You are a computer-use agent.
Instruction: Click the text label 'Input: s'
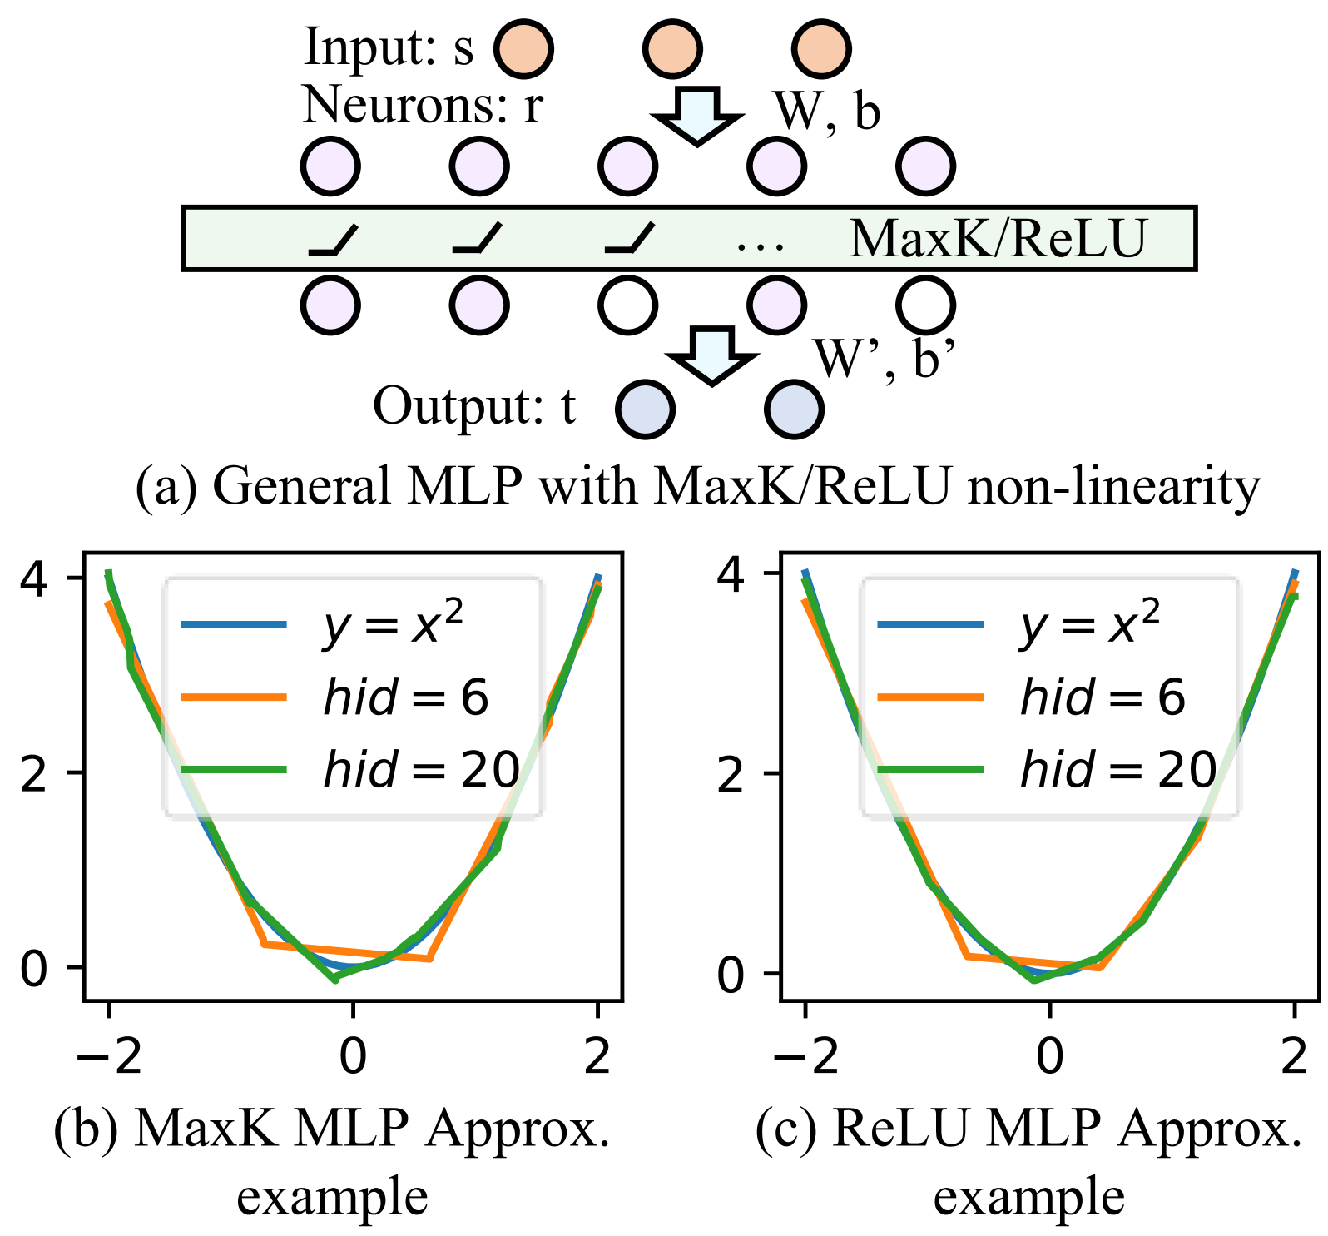click(x=389, y=47)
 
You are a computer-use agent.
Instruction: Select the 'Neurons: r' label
click(x=423, y=106)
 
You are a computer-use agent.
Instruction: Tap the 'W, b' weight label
click(x=826, y=111)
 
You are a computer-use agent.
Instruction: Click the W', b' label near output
click(x=884, y=358)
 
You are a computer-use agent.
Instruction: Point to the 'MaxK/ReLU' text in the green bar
click(x=998, y=239)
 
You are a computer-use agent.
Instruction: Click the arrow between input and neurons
click(x=697, y=115)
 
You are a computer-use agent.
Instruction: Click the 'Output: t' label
click(x=474, y=406)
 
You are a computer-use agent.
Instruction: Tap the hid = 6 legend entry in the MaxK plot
click(x=405, y=697)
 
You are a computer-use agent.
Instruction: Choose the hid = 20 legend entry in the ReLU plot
click(x=1117, y=769)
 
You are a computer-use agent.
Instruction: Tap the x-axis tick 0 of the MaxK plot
click(x=353, y=1055)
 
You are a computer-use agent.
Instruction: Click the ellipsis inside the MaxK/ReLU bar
click(x=761, y=244)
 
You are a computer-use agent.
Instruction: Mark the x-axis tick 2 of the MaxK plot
click(x=597, y=1055)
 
